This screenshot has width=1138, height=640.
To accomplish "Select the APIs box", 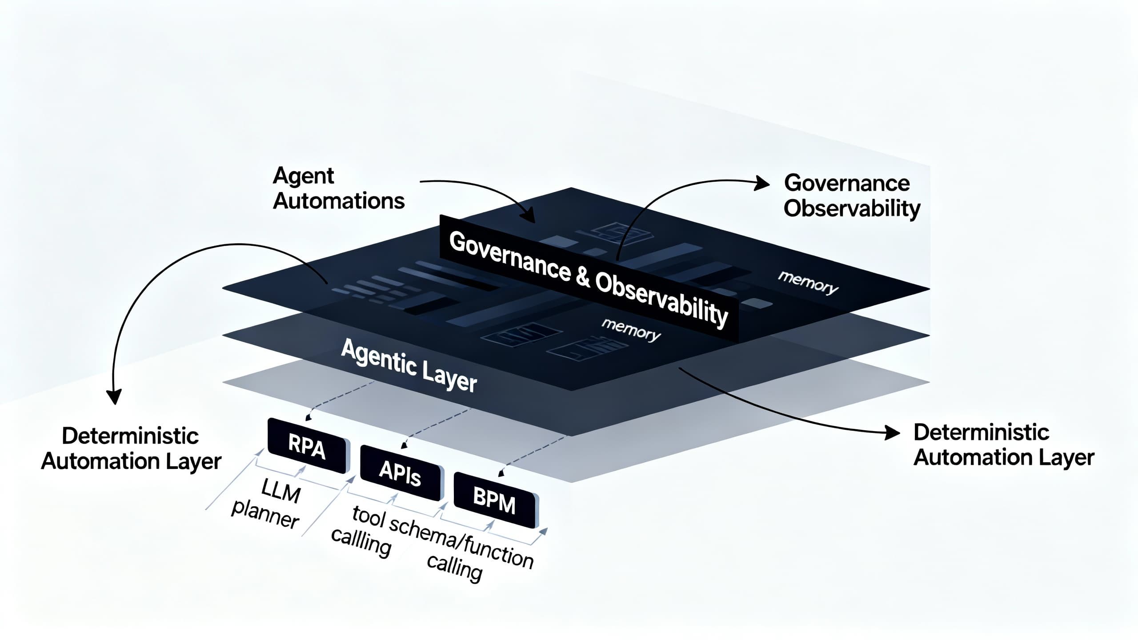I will click(x=400, y=473).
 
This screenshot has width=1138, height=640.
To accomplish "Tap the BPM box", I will click(x=494, y=501).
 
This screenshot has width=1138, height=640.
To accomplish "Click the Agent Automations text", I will click(x=338, y=188).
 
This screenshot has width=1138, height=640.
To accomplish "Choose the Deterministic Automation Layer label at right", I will click(x=1003, y=445).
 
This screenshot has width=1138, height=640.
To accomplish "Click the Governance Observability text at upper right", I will click(x=851, y=196).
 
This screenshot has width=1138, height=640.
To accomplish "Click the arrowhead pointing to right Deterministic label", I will click(x=893, y=432).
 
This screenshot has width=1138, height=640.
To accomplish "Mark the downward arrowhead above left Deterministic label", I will click(x=115, y=397).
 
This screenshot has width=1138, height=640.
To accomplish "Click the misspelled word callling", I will click(x=361, y=541).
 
